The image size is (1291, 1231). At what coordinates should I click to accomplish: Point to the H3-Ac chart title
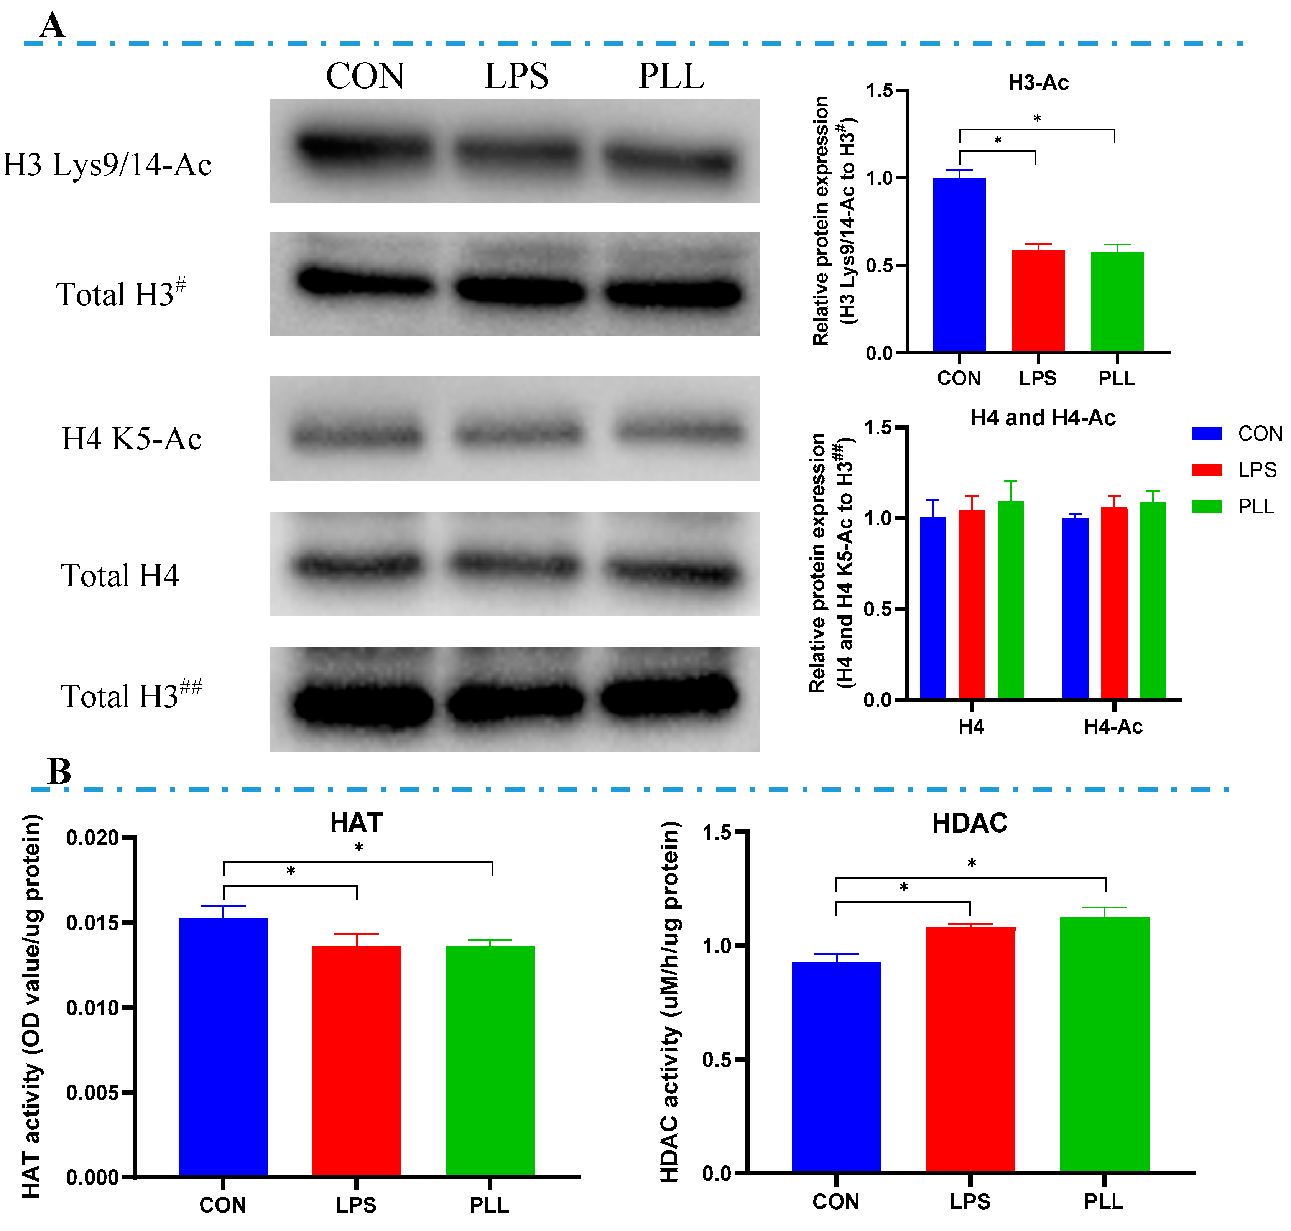[x=1038, y=83]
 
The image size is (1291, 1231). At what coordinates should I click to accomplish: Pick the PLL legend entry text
[x=1256, y=507]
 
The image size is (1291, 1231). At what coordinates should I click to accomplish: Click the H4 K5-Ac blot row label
[x=131, y=439]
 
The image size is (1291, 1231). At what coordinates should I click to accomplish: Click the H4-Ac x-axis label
[x=1113, y=726]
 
